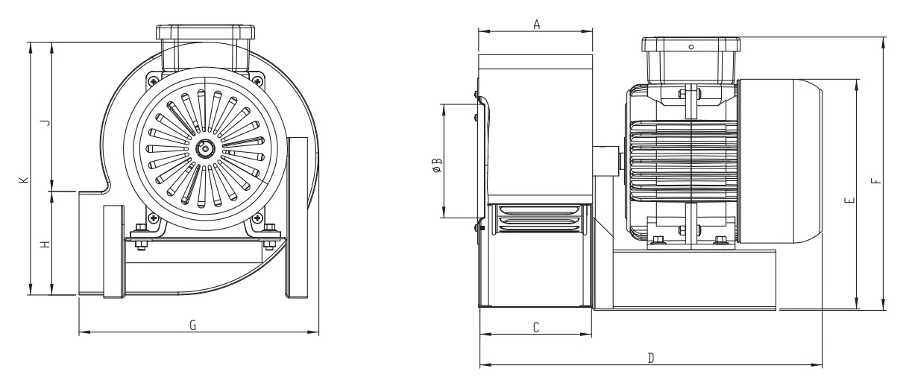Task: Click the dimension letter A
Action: click(537, 25)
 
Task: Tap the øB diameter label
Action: click(437, 165)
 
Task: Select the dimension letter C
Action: click(535, 327)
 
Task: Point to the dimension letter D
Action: click(651, 358)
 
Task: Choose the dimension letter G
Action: click(193, 325)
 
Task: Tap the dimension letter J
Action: click(46, 122)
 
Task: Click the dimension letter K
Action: click(24, 180)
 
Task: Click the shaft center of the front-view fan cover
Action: click(205, 149)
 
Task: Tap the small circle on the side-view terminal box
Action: click(691, 47)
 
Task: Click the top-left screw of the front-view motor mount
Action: click(153, 81)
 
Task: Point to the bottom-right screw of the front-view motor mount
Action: click(257, 219)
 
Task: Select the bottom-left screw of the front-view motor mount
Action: click(153, 219)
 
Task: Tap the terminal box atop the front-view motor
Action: click(206, 48)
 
